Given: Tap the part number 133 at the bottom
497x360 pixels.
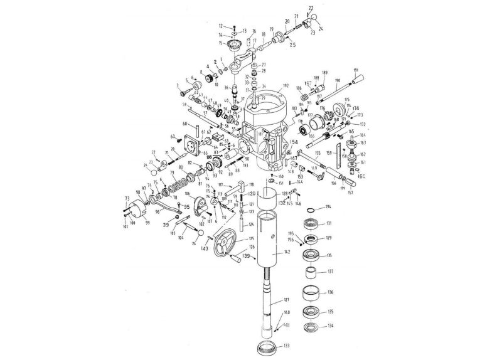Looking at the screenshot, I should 286,346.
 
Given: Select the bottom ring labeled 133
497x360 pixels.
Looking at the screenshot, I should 266,347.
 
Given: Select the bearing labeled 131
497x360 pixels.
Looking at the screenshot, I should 311,223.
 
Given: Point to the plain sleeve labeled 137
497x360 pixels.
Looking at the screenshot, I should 312,273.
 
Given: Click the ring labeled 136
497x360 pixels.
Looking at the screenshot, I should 312,293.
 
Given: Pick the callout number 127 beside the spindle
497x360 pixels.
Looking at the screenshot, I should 286,299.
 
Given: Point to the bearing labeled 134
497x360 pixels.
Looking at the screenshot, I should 311,326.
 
